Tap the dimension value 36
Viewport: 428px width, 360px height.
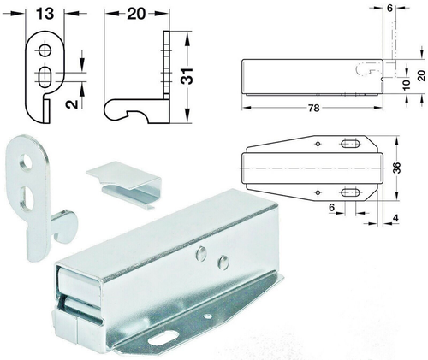point(395,168)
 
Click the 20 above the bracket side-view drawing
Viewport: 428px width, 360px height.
point(136,14)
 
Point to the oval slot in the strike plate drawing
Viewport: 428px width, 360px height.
point(43,78)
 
